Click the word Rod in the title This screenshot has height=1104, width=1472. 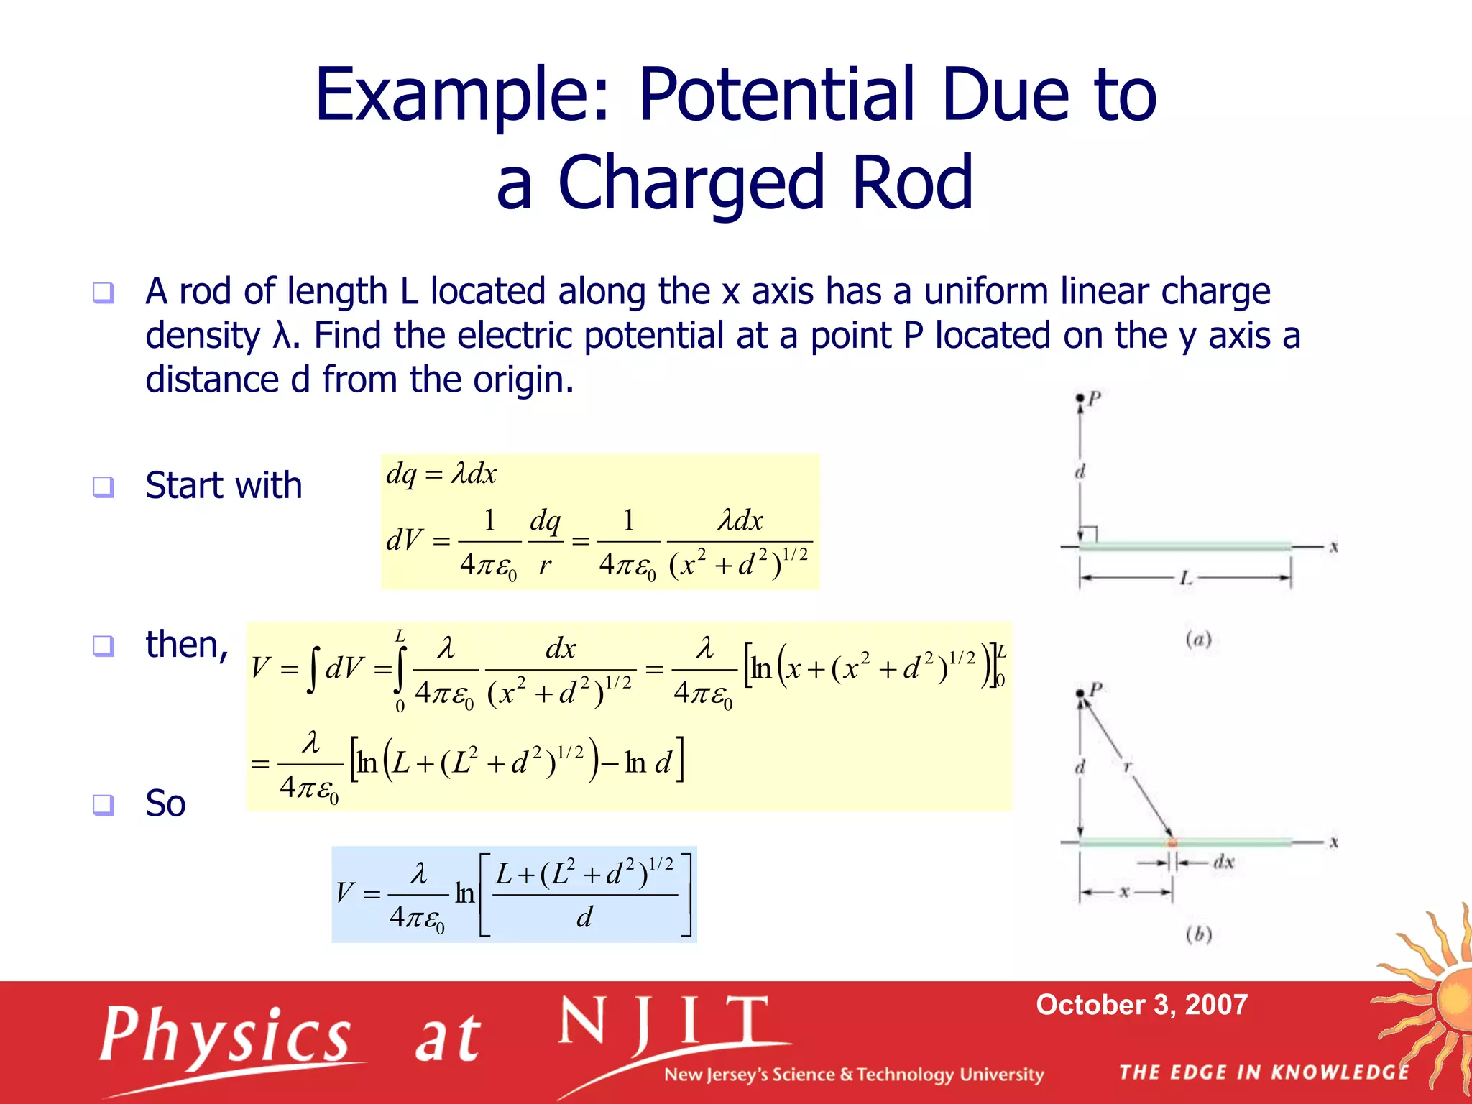pyautogui.click(x=911, y=183)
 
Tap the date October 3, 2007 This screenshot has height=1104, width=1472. pyautogui.click(x=1141, y=1004)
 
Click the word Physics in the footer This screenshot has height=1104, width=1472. pyautogui.click(x=225, y=1035)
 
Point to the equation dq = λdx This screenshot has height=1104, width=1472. pyautogui.click(x=441, y=474)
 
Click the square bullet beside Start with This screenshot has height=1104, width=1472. pyautogui.click(x=103, y=487)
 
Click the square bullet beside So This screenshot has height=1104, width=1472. pyautogui.click(x=103, y=804)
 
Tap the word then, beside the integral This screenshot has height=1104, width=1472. pyautogui.click(x=186, y=645)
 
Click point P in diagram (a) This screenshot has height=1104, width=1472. pyautogui.click(x=1080, y=398)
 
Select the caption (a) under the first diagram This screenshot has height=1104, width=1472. pyautogui.click(x=1198, y=639)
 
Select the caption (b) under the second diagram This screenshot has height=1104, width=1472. pyautogui.click(x=1198, y=934)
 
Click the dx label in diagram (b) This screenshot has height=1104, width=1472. pyautogui.click(x=1223, y=862)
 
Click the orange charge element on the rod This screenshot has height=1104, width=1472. pyautogui.click(x=1172, y=842)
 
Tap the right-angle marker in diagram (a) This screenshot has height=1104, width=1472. pyautogui.click(x=1089, y=535)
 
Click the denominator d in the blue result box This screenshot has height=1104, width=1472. pyautogui.click(x=584, y=917)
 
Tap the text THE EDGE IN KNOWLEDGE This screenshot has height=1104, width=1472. pyautogui.click(x=1264, y=1072)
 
